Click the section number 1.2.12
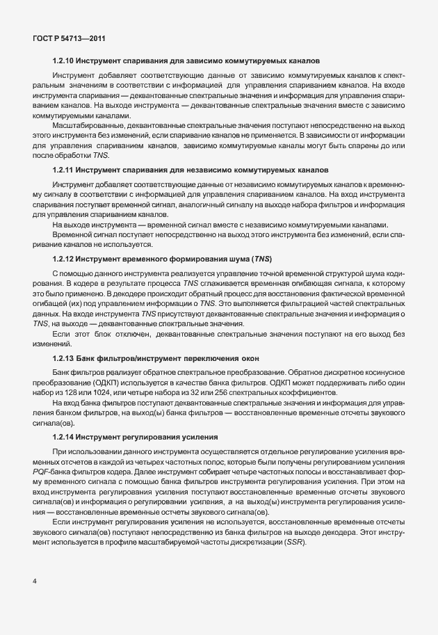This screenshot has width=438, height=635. pos(63,259)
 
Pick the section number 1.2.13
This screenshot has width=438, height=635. pos(63,357)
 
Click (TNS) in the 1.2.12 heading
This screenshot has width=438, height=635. pos(263,259)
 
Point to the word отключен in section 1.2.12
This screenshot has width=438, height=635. pos(131,335)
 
